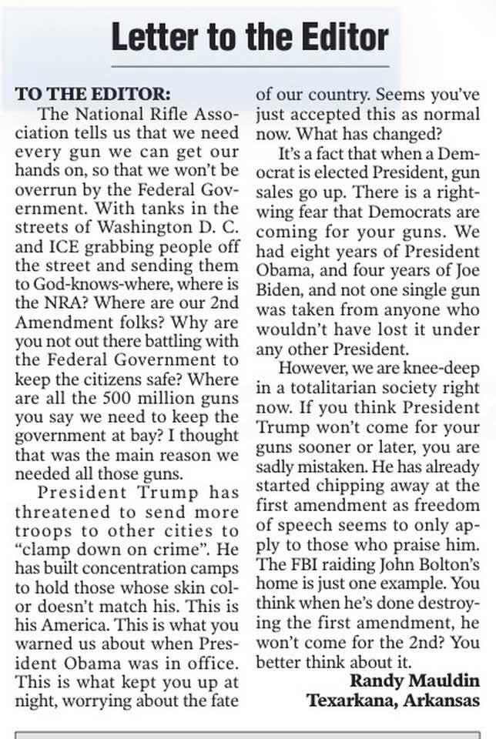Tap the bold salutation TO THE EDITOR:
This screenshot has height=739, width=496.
coord(92,95)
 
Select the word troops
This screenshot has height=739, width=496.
coord(47,531)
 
